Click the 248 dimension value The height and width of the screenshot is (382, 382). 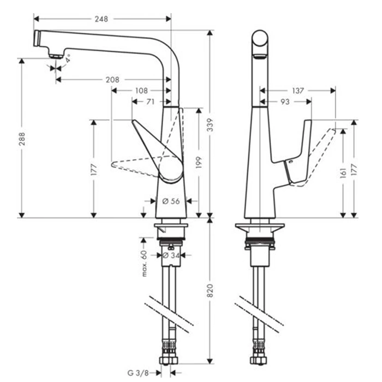pyautogui.click(x=102, y=19)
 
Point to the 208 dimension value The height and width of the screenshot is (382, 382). pyautogui.click(x=112, y=80)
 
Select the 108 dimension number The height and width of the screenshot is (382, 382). pyautogui.click(x=141, y=91)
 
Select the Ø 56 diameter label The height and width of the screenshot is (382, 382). pyautogui.click(x=171, y=201)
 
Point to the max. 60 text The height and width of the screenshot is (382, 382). pyautogui.click(x=145, y=264)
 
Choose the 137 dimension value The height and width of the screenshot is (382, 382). pyautogui.click(x=297, y=91)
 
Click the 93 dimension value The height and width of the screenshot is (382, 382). pyautogui.click(x=285, y=102)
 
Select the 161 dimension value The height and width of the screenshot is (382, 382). pyautogui.click(x=343, y=173)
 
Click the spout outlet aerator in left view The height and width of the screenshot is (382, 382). pyautogui.click(x=55, y=53)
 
